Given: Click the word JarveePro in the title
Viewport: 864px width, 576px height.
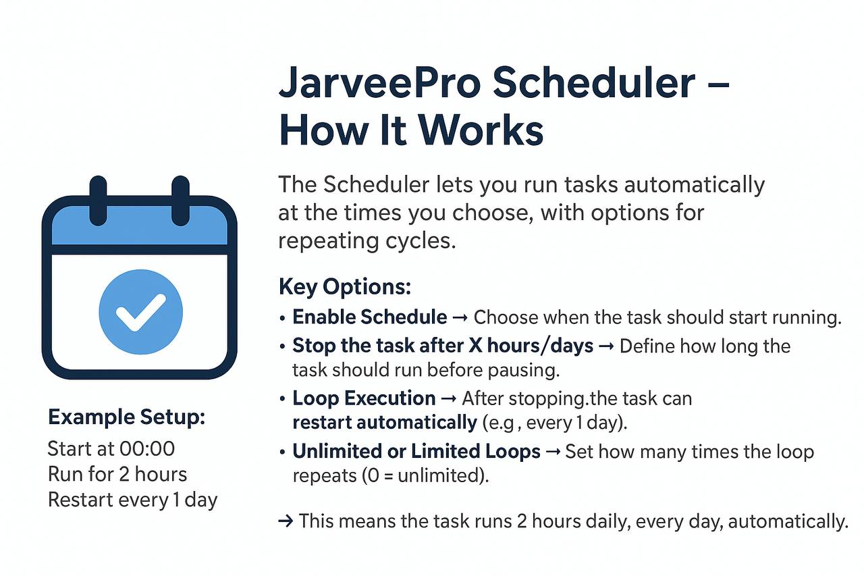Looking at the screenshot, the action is tap(380, 82).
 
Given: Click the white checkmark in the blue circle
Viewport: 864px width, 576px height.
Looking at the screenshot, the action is tap(141, 313).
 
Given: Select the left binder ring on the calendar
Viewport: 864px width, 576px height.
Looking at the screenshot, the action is tap(99, 201).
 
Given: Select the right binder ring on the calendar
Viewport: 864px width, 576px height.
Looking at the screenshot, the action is tap(180, 201).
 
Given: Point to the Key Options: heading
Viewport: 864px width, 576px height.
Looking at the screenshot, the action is tap(345, 287).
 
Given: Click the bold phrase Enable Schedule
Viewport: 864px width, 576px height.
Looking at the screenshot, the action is tap(369, 317).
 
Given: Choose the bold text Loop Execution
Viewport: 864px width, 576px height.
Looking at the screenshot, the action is tap(364, 398).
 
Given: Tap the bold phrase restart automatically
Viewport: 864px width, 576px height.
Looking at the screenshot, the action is tap(385, 423).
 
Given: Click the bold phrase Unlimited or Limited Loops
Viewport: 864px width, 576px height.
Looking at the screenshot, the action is tap(416, 451).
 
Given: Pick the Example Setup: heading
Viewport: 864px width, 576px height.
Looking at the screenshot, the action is tap(126, 417).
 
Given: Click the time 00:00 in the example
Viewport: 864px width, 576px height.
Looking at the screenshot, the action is tap(147, 448).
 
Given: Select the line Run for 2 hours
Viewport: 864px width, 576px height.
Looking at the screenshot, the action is tap(117, 474).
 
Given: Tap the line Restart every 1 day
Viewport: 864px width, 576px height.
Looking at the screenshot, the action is tap(133, 500).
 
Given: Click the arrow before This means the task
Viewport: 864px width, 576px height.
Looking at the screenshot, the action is tap(286, 521).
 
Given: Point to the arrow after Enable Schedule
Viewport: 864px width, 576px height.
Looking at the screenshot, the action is tap(460, 318).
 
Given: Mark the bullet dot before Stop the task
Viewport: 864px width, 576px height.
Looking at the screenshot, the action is tap(282, 346).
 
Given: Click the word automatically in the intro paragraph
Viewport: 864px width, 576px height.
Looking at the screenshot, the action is tap(695, 185).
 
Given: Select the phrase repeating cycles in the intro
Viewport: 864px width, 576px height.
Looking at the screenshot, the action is tap(367, 241).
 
